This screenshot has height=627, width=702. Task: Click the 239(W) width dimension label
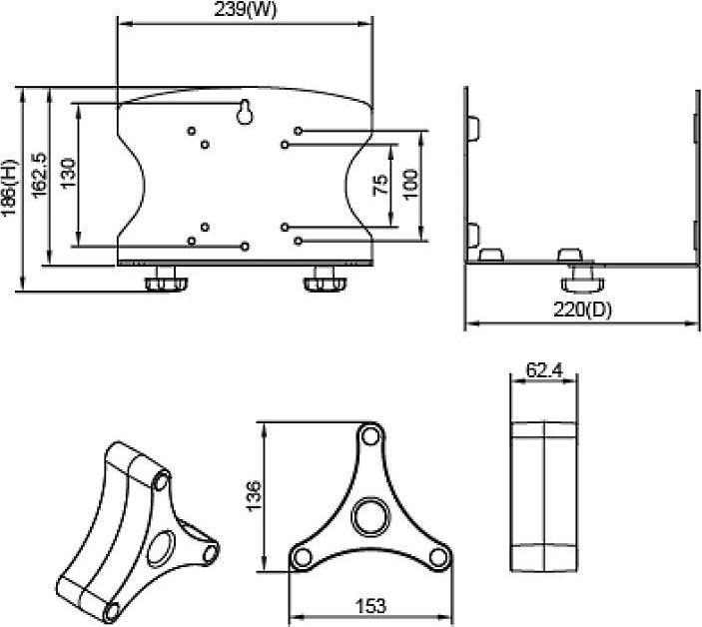244,9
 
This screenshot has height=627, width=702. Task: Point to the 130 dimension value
68,173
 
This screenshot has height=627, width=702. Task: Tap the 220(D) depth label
582,309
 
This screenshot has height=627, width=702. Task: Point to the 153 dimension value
369,606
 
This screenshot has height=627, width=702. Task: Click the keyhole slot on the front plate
245,114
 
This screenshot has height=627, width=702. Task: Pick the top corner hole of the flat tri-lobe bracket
370,435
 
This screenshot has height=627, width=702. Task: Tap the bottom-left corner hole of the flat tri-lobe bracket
300,557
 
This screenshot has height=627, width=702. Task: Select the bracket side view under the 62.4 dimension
543,496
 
